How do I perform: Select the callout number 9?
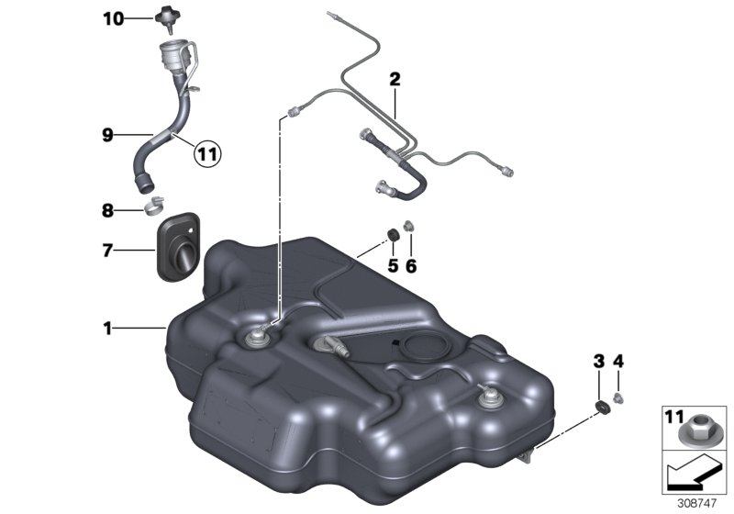[x=107, y=134]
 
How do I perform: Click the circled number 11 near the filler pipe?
[x=206, y=155]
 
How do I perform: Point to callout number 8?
[x=107, y=210]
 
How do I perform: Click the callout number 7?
[x=107, y=249]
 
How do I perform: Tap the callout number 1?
[x=107, y=327]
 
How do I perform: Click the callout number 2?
[x=395, y=80]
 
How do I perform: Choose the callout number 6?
[x=411, y=266]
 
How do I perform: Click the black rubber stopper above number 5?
[x=393, y=237]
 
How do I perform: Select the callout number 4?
[x=617, y=363]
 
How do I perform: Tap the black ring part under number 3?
[x=602, y=408]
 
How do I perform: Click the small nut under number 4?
[x=619, y=397]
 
